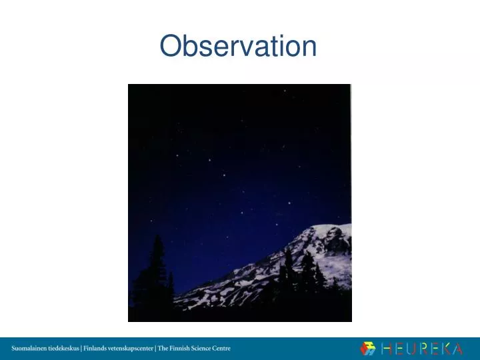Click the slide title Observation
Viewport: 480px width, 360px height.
click(239, 47)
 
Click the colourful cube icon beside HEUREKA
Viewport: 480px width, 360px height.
click(368, 348)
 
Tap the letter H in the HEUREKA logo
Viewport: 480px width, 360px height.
click(387, 348)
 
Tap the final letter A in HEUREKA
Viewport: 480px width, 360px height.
click(471, 348)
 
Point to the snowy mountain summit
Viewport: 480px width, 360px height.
click(327, 231)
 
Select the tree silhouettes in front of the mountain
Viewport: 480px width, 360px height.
click(293, 273)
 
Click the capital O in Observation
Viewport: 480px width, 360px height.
click(172, 47)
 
